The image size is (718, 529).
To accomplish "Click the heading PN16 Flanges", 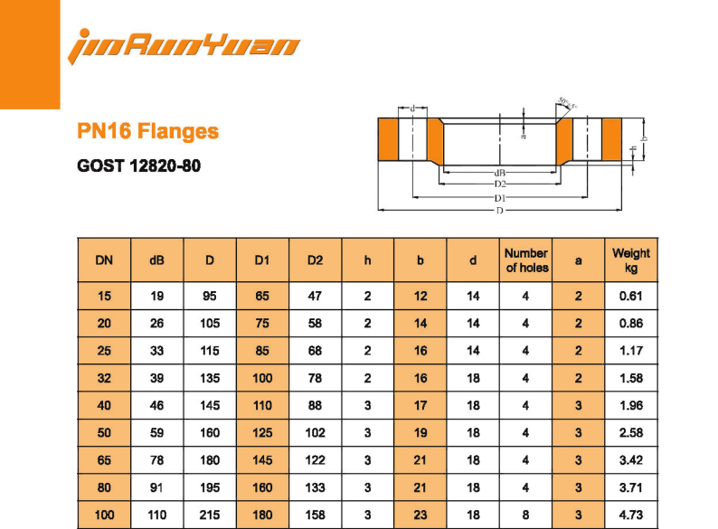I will tap(148, 132).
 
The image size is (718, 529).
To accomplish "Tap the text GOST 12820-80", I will tap(139, 166).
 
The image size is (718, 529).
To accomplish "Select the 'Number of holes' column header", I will tap(526, 260).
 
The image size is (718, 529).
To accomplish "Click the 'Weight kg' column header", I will tap(631, 260).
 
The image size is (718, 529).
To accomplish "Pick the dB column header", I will tap(156, 260).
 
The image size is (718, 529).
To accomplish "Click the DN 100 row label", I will tap(104, 515).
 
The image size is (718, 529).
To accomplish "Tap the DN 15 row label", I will tap(104, 296).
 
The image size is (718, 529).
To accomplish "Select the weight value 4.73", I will tap(631, 515).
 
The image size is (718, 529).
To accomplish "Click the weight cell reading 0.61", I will tap(631, 296).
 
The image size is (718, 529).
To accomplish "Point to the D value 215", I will tap(210, 515).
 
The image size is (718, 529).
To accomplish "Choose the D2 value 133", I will tap(315, 487).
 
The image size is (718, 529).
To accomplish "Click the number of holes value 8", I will tap(526, 515).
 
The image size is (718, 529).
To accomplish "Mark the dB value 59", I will tap(156, 433).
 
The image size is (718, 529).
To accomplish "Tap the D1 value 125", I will tap(262, 433).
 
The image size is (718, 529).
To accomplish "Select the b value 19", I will tap(420, 433).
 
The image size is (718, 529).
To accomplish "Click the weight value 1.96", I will tap(631, 405).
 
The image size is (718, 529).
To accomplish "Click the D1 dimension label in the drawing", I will tap(499, 198).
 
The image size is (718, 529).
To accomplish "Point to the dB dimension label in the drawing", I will tap(499, 172).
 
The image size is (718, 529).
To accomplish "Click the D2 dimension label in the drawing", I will tap(499, 184).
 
